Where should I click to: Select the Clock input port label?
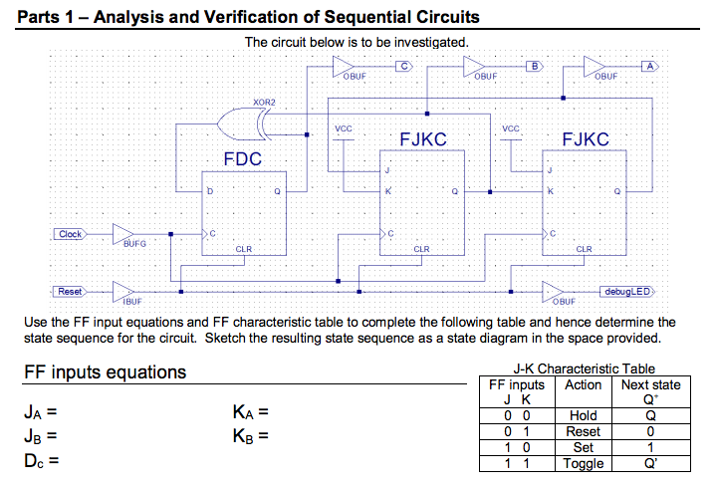tap(70, 234)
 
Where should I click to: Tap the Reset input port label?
tap(69, 291)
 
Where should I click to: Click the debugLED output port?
tap(625, 292)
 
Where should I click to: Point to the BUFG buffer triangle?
tap(123, 235)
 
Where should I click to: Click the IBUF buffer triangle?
tap(123, 292)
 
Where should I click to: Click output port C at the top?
tap(403, 66)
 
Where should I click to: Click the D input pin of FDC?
tap(209, 190)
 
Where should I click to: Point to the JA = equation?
tap(41, 411)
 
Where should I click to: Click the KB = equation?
tap(250, 435)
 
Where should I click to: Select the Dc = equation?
tap(41, 460)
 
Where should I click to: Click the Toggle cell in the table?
tap(583, 464)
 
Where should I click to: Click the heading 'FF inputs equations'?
tap(104, 372)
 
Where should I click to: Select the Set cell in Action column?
tap(583, 448)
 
